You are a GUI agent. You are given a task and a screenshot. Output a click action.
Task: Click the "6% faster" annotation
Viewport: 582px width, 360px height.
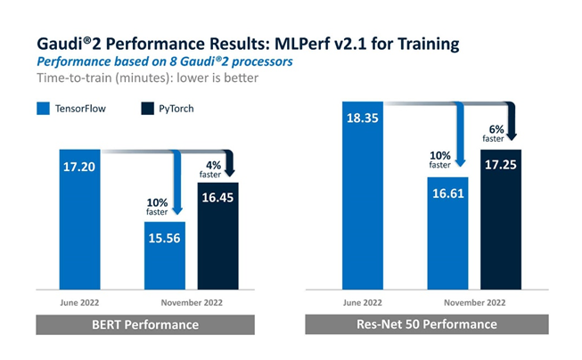click(494, 131)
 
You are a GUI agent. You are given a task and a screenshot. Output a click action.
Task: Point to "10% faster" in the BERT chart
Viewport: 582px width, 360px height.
click(158, 207)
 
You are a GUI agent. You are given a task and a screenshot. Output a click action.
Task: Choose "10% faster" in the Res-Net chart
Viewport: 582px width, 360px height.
click(439, 160)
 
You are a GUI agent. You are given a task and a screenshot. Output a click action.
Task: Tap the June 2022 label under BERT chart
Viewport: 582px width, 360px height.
click(78, 301)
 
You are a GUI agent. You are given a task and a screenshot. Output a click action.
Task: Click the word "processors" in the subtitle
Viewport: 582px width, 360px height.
click(265, 61)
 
